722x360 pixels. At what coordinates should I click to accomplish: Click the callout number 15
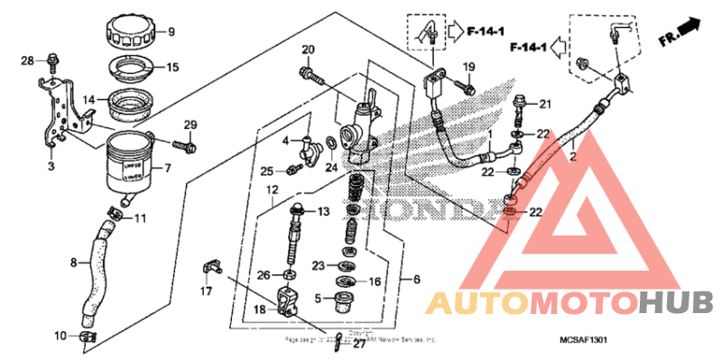tap(172, 67)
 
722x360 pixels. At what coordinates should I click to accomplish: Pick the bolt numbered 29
tap(186, 143)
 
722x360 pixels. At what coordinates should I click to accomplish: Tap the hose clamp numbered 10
tap(88, 337)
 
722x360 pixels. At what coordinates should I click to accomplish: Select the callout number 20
tap(307, 49)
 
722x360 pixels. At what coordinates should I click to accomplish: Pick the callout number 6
tap(417, 281)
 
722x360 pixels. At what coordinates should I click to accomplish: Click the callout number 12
tap(271, 189)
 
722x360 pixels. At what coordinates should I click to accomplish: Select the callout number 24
tap(331, 168)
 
